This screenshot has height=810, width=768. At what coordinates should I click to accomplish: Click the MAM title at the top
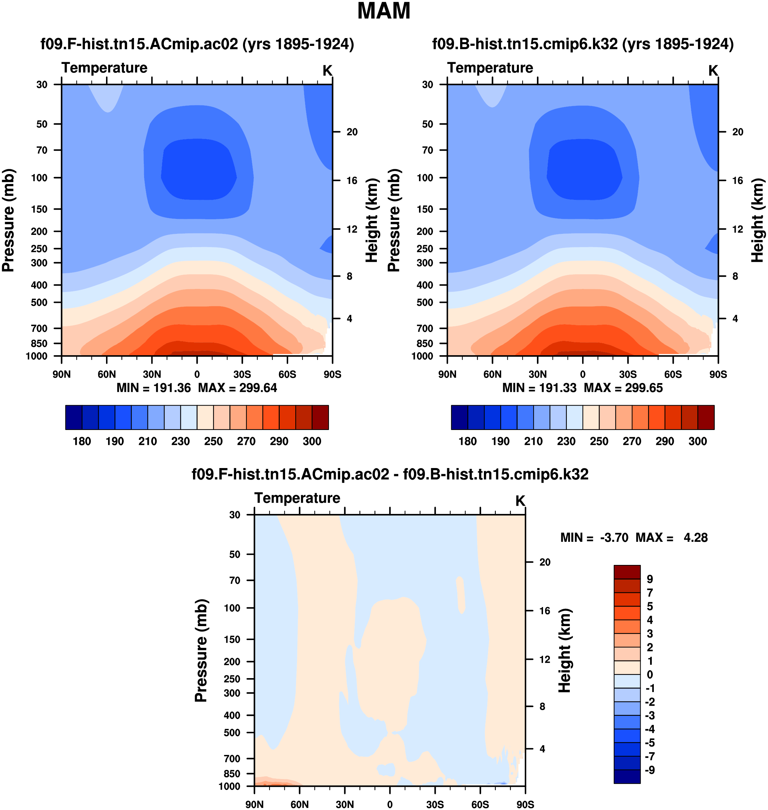[384, 11]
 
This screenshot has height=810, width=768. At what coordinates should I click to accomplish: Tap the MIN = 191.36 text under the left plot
[154, 388]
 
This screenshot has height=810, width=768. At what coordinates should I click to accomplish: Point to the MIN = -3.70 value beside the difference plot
[594, 538]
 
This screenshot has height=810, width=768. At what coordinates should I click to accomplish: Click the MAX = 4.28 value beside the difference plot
[671, 538]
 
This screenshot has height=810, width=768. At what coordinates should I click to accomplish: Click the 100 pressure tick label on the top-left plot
[39, 178]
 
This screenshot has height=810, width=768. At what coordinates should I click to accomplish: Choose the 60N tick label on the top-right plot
[492, 374]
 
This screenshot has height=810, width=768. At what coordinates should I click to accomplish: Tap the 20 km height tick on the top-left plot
[352, 132]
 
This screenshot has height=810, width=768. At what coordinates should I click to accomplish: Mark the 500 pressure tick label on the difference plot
[232, 733]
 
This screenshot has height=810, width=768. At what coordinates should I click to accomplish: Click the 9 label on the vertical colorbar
[650, 579]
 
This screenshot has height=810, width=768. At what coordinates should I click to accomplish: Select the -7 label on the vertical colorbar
[650, 756]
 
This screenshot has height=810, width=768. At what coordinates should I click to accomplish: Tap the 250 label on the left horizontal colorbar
[213, 442]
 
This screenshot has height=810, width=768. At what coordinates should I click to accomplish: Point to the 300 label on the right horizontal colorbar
[698, 442]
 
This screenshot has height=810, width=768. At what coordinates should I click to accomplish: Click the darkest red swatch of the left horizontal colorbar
[320, 417]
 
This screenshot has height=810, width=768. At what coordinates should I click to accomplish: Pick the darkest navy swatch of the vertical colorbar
[627, 776]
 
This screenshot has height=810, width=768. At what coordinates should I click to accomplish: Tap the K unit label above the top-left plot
[327, 71]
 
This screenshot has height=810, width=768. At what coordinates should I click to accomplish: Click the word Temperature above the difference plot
[297, 498]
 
